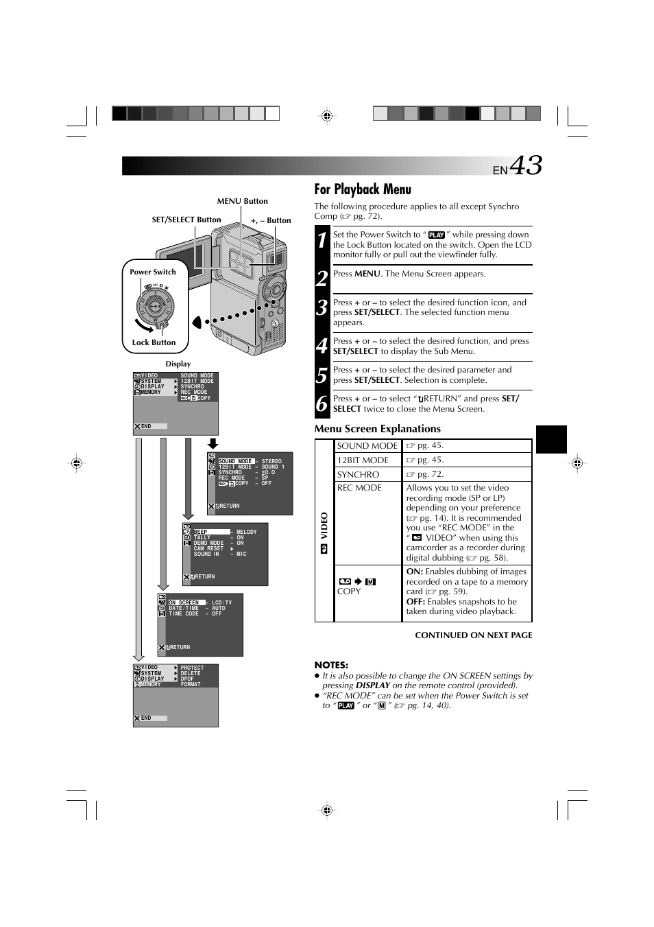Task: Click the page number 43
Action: click(x=526, y=166)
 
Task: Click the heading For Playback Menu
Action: click(x=363, y=189)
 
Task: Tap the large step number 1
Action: click(x=322, y=240)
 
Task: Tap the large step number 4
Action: click(x=322, y=346)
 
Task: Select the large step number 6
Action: click(x=322, y=403)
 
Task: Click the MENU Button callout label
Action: click(x=242, y=201)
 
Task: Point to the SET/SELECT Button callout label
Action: click(x=186, y=220)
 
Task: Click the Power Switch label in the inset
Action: click(x=153, y=272)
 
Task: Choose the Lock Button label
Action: click(x=154, y=342)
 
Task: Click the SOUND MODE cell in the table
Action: click(x=367, y=446)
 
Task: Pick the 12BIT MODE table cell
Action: click(x=363, y=460)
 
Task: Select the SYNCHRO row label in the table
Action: click(x=358, y=475)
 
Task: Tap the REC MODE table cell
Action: click(x=359, y=488)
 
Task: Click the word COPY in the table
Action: click(x=349, y=591)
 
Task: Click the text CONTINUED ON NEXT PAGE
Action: click(x=473, y=635)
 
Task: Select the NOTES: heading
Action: click(x=331, y=665)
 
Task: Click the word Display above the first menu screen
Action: click(x=178, y=364)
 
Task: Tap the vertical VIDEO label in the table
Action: click(x=324, y=526)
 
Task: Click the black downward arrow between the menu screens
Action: click(x=213, y=443)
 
